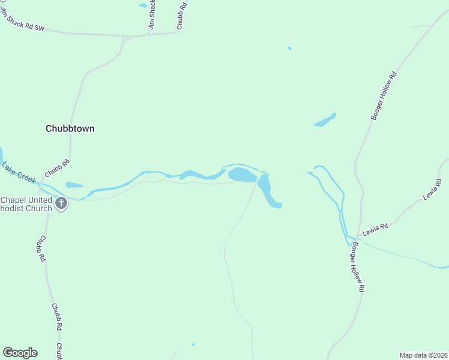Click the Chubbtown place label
click(x=70, y=128)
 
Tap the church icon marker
click(x=61, y=203)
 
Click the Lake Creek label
click(x=19, y=173)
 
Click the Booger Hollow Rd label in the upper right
click(x=384, y=96)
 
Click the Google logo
click(x=20, y=353)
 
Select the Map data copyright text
click(x=423, y=355)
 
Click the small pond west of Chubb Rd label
click(x=74, y=185)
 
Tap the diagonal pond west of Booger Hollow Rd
click(x=325, y=120)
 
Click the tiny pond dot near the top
click(x=289, y=48)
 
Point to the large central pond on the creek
click(x=242, y=175)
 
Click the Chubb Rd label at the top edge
click(x=182, y=15)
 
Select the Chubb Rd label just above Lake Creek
click(x=58, y=169)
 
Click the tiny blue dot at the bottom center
click(x=193, y=344)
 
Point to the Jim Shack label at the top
click(x=153, y=15)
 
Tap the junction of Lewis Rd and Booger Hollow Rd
click(x=355, y=239)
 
